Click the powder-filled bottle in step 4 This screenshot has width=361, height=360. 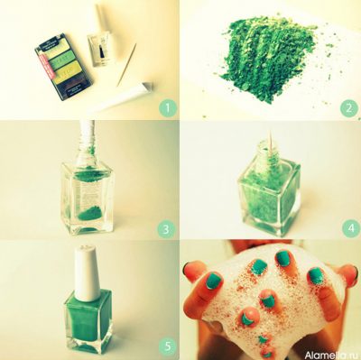coord(268,198)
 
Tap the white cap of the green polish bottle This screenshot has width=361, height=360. coord(87,272)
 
